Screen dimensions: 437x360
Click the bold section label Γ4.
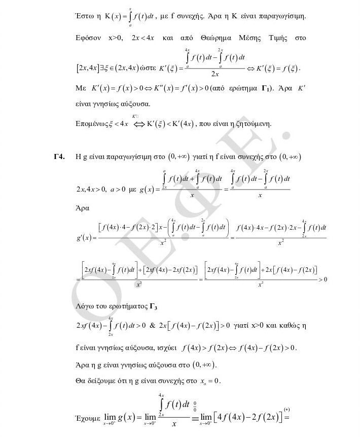(x=59, y=158)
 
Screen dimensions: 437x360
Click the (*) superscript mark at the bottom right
(x=287, y=409)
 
